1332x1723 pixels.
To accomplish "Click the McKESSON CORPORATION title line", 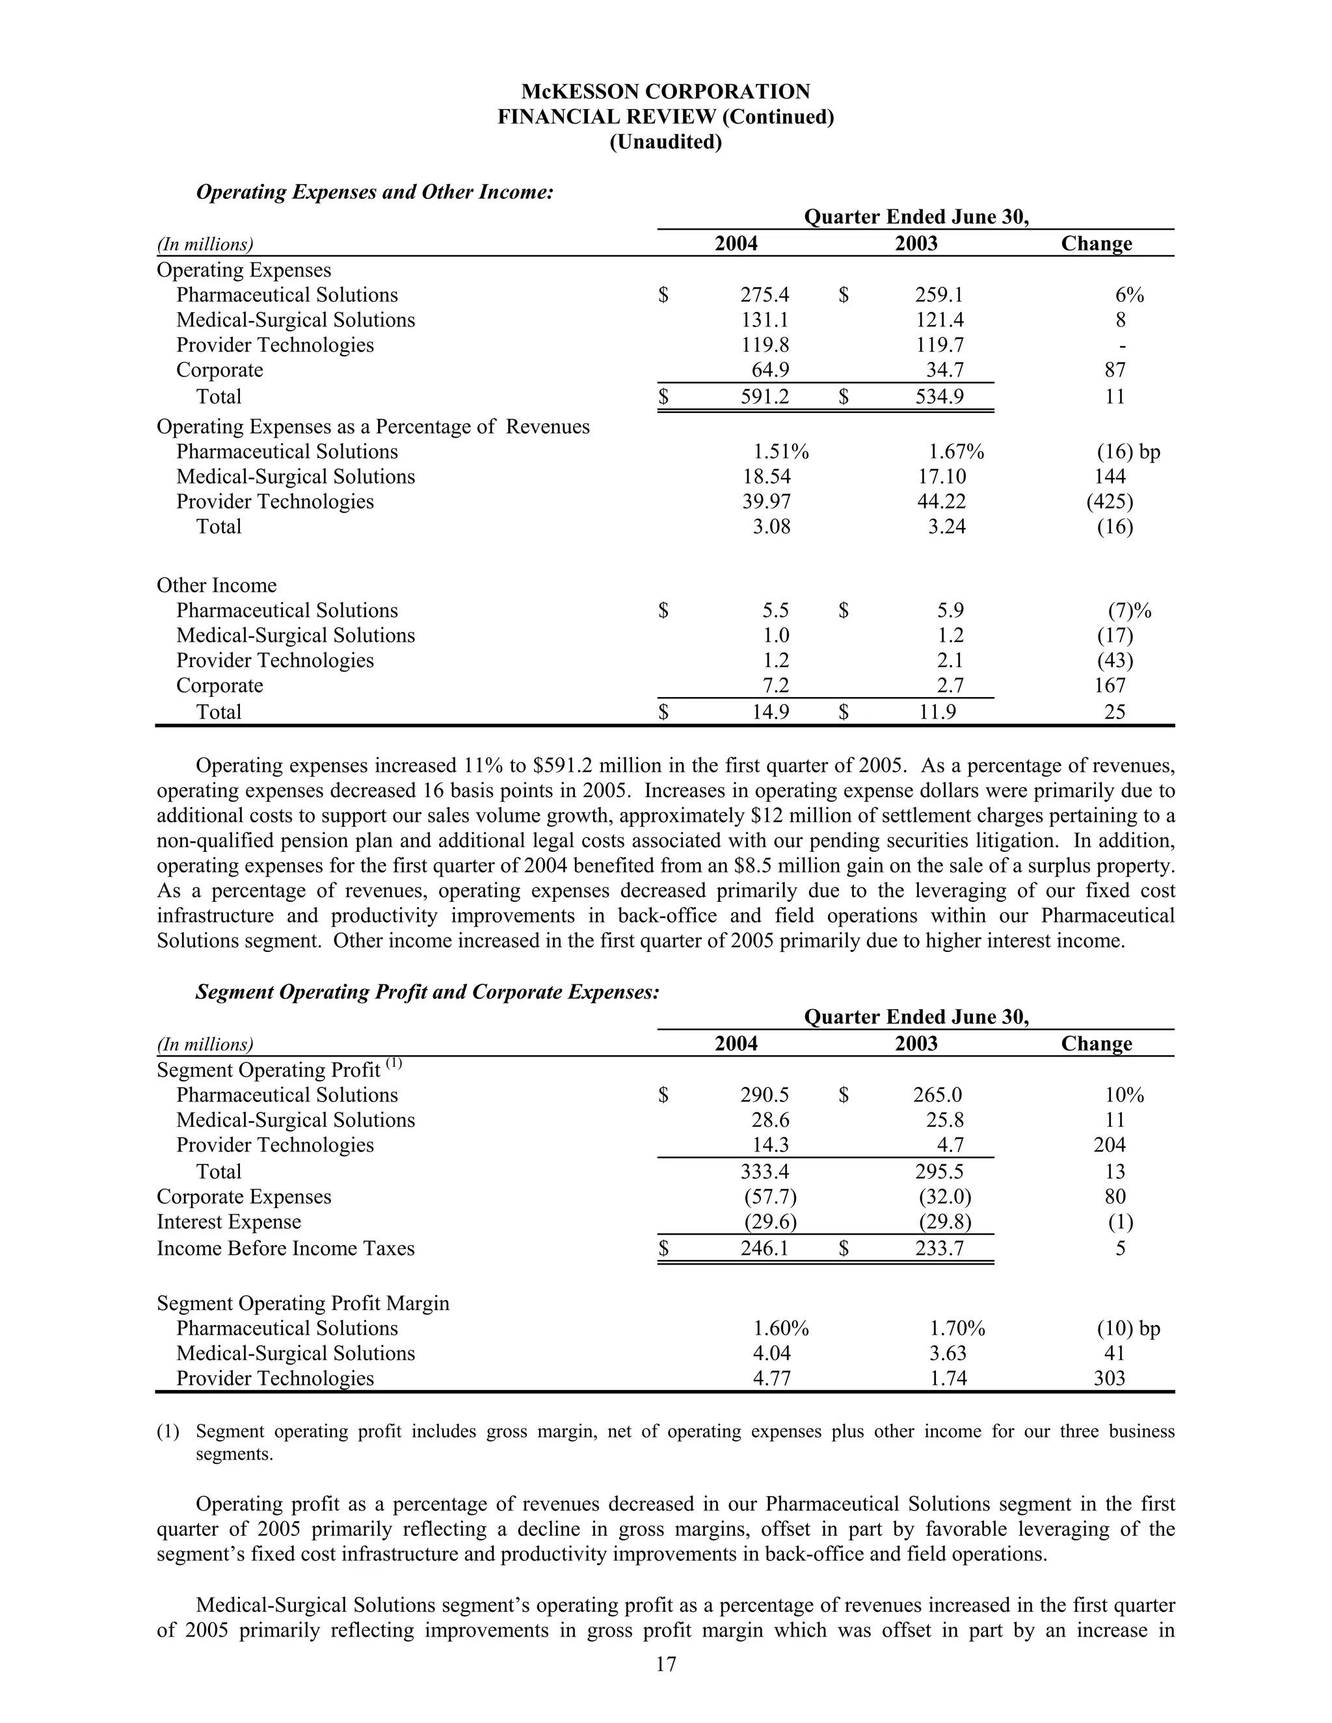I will [665, 92].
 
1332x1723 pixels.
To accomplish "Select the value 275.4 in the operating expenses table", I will [764, 295].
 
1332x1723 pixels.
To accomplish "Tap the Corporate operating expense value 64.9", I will [769, 370].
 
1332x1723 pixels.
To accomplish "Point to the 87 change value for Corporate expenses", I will [1114, 370].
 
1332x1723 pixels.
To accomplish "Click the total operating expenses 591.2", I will [764, 397].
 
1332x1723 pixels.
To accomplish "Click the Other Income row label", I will [216, 585].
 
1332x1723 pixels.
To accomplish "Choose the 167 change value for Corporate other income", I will [1110, 685].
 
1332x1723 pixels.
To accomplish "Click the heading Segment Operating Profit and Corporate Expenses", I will [427, 992].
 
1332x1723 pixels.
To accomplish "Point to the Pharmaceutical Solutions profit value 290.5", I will [764, 1095].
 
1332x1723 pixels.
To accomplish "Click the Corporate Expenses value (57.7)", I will [770, 1197].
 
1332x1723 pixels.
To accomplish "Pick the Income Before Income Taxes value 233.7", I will [939, 1248].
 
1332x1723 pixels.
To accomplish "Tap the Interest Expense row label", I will [229, 1222].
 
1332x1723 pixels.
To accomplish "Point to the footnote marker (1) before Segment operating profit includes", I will [167, 1431].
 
